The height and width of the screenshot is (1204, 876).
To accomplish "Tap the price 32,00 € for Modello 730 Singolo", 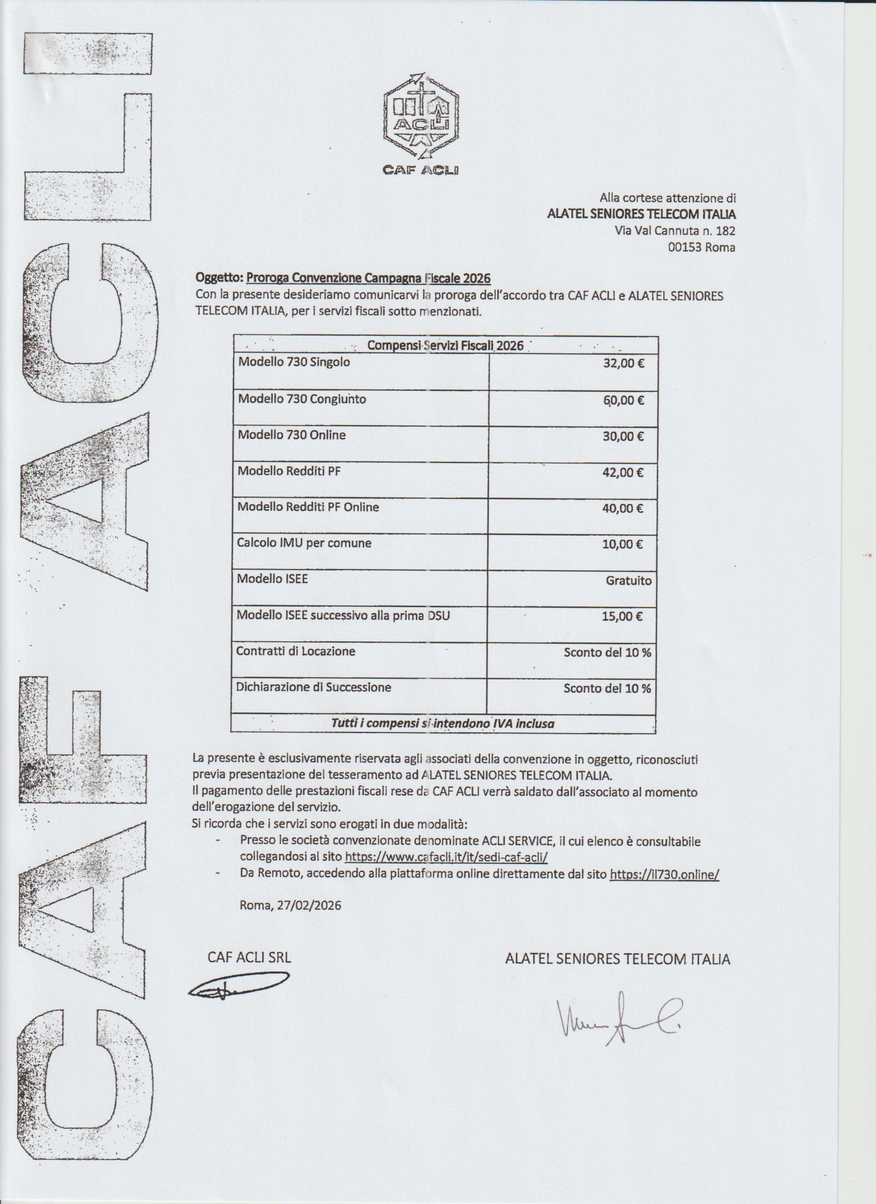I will (623, 364).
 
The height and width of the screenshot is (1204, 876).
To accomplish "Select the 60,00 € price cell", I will (623, 400).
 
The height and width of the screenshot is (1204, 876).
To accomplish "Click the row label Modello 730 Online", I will (292, 435).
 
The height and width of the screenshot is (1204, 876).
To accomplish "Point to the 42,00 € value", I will (622, 473).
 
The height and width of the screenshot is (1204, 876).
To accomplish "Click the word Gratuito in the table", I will (628, 581).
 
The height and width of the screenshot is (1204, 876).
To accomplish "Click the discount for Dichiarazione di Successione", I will (607, 689).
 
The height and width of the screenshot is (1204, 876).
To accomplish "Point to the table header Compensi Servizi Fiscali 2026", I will (445, 346).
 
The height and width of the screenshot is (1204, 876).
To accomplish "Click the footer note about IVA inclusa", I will (442, 723).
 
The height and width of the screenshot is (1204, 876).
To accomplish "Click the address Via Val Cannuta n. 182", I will (675, 231).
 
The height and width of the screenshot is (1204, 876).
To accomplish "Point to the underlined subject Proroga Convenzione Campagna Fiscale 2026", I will (368, 278).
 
